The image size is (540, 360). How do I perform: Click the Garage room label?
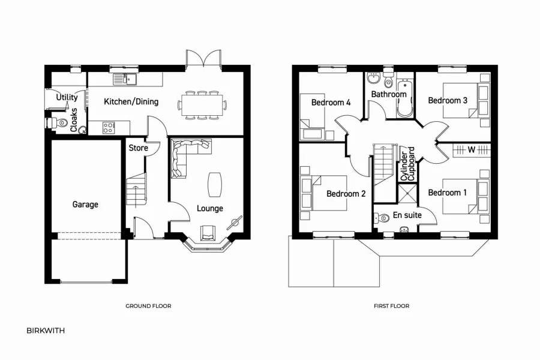point(85,205)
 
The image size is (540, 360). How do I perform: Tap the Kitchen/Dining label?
point(131,101)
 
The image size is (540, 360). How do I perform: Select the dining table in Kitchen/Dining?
point(202,105)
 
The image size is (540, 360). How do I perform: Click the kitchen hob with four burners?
point(109,127)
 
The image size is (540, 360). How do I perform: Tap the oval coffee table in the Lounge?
point(214,184)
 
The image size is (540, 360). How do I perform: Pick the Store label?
point(138,147)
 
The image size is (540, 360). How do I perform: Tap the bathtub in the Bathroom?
point(404,97)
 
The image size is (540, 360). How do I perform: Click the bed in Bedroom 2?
point(325,193)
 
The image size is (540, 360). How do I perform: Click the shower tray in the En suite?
point(407,194)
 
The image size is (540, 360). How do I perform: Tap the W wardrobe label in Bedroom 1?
point(471,149)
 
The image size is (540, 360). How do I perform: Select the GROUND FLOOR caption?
point(148,306)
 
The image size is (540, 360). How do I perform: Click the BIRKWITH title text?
point(46,331)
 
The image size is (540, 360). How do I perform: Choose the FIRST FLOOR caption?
point(391,306)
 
